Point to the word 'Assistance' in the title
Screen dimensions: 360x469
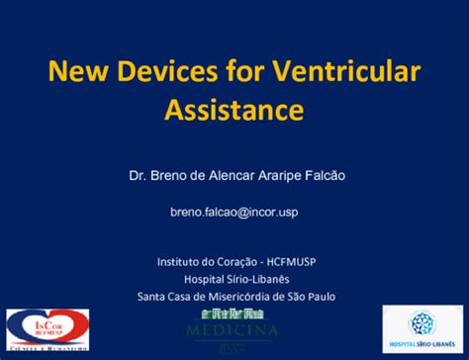pos(234,108)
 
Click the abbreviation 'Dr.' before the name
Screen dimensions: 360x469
pos(139,175)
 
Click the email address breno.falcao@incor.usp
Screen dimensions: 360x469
pos(234,212)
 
